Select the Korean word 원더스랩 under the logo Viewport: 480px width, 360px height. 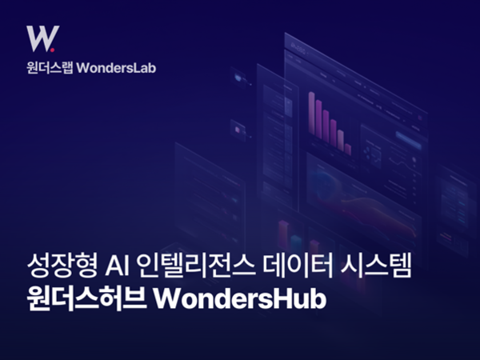(x=49, y=68)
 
